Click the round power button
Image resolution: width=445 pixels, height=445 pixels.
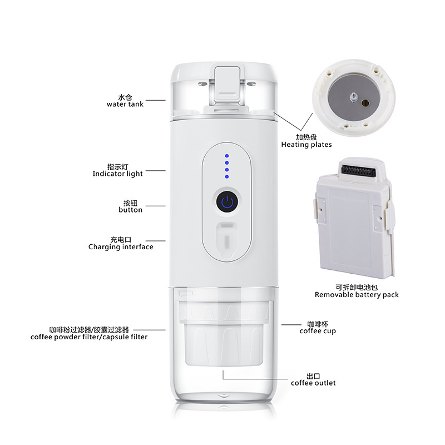click(227, 202)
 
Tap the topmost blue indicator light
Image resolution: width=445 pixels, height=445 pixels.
click(227, 156)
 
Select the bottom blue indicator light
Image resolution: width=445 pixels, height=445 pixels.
click(227, 176)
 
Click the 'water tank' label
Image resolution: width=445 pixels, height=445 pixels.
click(125, 104)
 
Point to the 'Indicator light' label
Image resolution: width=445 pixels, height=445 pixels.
click(117, 174)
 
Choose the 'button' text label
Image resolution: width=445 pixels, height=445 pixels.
click(130, 210)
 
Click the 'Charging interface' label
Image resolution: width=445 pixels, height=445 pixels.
click(121, 247)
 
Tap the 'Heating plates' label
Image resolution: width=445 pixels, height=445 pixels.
click(306, 145)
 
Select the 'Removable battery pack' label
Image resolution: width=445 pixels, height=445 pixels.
click(357, 295)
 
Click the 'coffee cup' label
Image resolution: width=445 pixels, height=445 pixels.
click(318, 331)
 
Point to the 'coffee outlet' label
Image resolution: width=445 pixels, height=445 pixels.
click(313, 383)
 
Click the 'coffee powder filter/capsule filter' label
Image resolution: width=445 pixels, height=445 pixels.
click(89, 337)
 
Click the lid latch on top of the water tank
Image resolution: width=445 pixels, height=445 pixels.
click(227, 85)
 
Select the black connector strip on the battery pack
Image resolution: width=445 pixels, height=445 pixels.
click(358, 171)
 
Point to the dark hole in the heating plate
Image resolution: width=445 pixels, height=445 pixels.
click(365, 103)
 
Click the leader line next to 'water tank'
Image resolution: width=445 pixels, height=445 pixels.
click(156, 100)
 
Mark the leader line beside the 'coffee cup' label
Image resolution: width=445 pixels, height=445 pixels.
click(291, 325)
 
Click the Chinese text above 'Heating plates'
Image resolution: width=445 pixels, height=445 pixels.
click(306, 137)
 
